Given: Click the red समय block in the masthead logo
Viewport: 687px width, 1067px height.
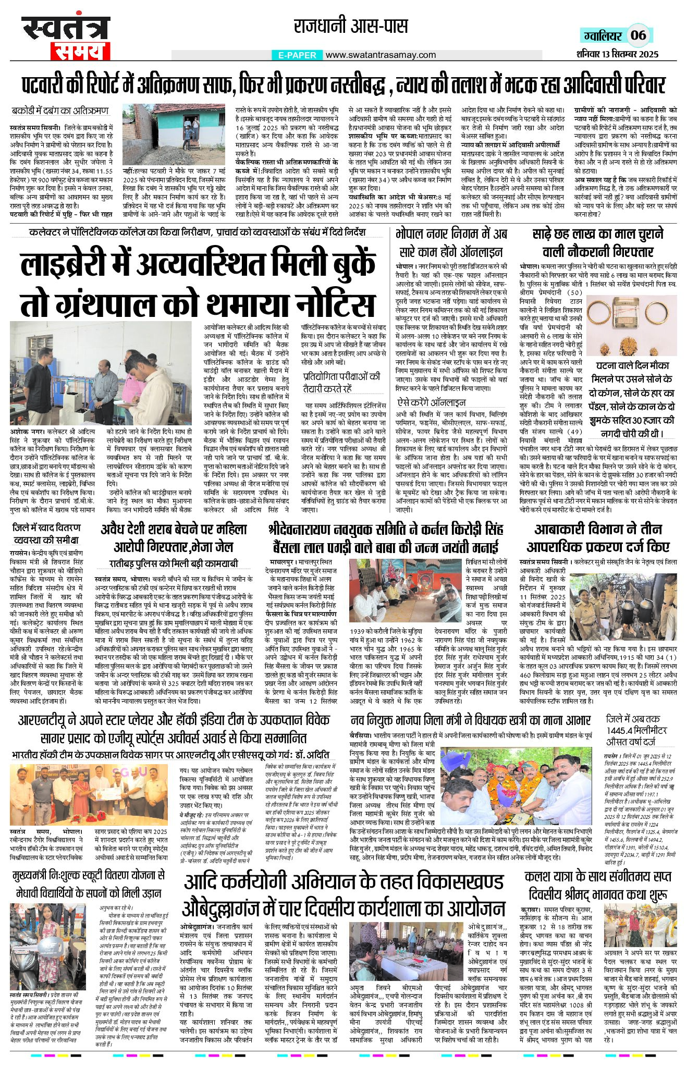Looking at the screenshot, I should pos(79,51).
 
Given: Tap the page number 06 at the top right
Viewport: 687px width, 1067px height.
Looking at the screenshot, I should pos(638,35).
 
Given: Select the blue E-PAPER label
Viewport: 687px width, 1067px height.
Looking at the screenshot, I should pos(297,55).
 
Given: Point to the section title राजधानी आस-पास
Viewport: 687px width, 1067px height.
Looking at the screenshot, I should pos(351,27).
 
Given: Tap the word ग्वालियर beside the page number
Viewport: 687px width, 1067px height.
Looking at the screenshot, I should pos(602,35).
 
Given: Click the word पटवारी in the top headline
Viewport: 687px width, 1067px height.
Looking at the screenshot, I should pos(53,84).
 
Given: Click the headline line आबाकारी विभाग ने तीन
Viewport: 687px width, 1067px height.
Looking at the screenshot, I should pos(598,530).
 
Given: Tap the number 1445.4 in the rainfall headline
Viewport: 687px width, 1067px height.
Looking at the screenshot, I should pos(625,731).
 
